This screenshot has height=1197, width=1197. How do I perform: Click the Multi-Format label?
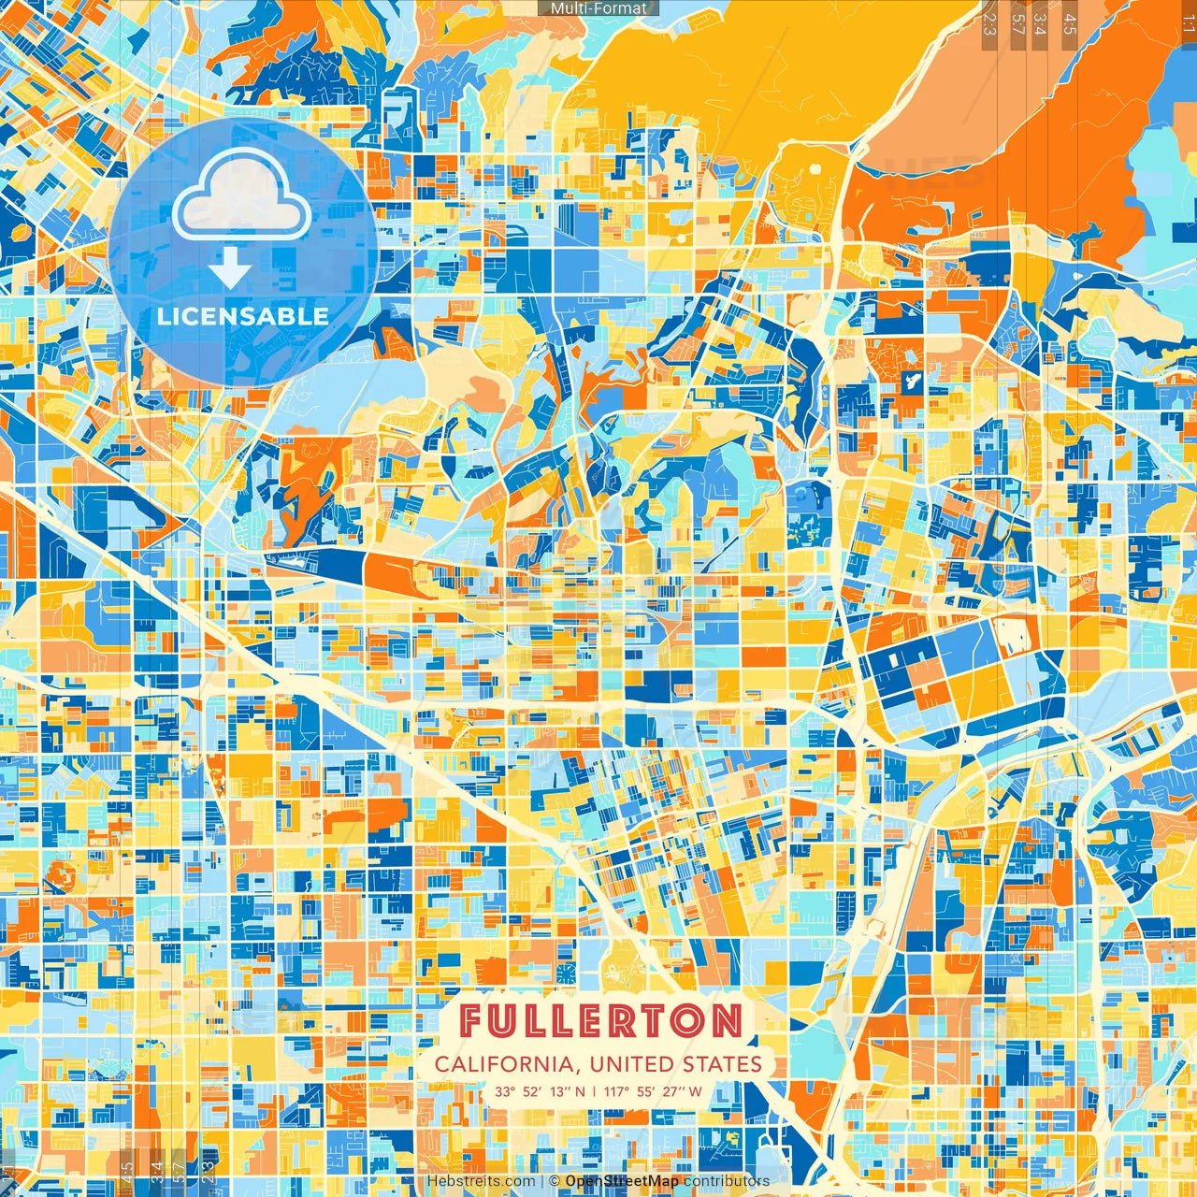[598, 7]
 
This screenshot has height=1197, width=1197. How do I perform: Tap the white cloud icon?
[242, 195]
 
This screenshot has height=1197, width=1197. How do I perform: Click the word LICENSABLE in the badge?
[243, 316]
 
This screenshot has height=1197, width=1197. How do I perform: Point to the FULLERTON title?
[602, 1021]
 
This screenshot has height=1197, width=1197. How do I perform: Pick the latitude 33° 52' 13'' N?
[541, 1091]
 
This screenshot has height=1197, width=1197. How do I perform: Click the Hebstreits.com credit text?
[481, 1181]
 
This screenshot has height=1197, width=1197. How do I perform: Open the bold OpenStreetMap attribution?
[622, 1181]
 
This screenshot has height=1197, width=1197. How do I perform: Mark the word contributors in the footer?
[727, 1181]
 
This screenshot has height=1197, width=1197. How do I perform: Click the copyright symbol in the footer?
[555, 1181]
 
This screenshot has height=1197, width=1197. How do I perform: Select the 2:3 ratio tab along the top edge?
[989, 21]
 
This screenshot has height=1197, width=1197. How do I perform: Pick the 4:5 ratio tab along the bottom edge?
[126, 1173]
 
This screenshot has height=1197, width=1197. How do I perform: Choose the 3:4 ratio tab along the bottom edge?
[155, 1173]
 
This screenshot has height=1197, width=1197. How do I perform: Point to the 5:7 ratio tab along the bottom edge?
[180, 1173]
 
